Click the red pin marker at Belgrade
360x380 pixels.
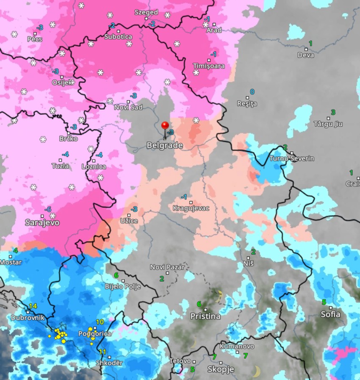click(x=165, y=126)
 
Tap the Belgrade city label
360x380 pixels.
click(x=165, y=146)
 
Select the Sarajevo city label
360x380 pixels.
click(x=42, y=222)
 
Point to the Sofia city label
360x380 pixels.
click(x=330, y=314)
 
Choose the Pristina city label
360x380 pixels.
click(x=205, y=316)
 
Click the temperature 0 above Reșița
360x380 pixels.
click(x=252, y=92)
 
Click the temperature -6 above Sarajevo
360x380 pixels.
click(x=48, y=210)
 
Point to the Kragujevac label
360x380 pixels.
click(x=191, y=208)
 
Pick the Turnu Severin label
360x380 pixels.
click(x=292, y=158)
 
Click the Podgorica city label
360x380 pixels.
click(x=94, y=334)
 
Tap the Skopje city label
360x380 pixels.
click(x=221, y=369)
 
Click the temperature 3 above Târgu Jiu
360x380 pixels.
click(x=333, y=112)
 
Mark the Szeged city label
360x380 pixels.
click(x=146, y=12)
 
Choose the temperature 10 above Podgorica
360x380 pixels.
click(x=100, y=322)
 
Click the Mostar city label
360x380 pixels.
click(x=11, y=262)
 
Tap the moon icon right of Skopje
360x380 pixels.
click(x=256, y=371)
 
